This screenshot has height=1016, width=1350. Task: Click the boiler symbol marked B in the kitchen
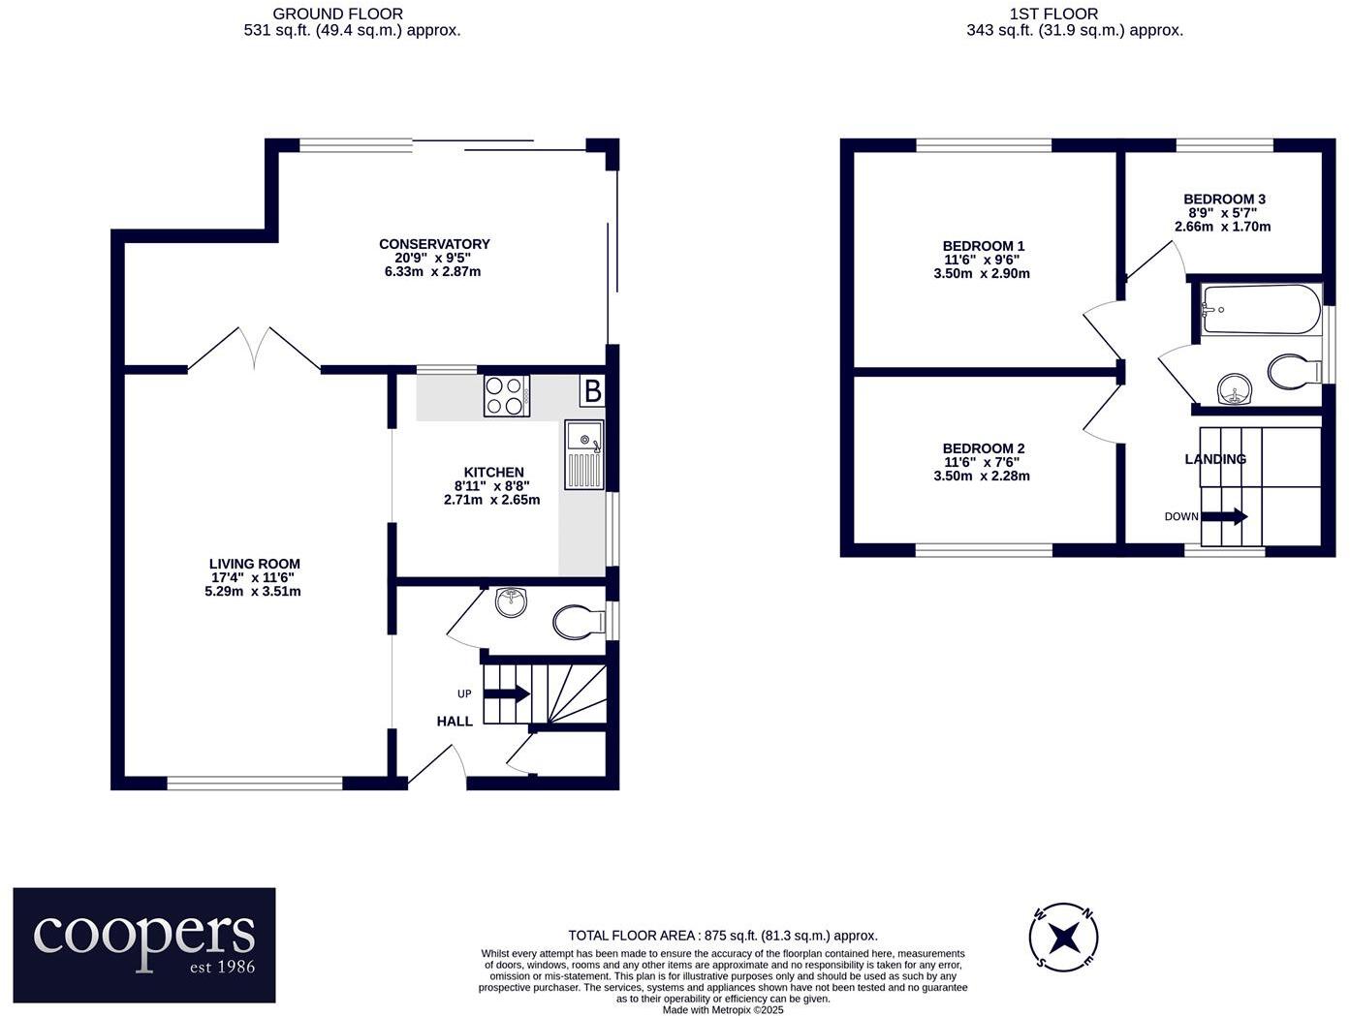(x=591, y=391)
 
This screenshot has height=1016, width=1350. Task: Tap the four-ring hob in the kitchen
(x=507, y=395)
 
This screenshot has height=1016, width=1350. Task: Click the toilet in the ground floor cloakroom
(x=578, y=621)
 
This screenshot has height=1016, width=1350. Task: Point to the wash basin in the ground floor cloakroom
(x=511, y=601)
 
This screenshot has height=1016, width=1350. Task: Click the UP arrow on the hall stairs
(x=506, y=693)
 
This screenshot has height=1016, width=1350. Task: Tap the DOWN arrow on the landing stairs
(x=1224, y=516)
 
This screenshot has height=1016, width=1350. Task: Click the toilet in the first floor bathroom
(x=1294, y=370)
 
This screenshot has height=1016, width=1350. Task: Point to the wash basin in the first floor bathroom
(x=1235, y=390)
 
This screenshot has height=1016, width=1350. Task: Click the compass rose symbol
(x=1064, y=937)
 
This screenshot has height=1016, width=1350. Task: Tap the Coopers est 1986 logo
(x=144, y=944)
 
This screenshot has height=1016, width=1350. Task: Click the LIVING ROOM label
(x=254, y=564)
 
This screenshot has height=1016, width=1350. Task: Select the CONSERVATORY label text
(x=434, y=244)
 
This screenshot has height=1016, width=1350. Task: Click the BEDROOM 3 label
(x=1224, y=199)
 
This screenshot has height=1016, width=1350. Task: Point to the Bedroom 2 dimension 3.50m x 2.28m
(x=981, y=476)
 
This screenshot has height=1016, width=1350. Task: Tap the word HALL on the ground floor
(x=455, y=721)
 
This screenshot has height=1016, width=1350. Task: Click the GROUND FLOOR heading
(x=337, y=14)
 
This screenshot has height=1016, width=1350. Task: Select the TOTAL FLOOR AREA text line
(x=722, y=935)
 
